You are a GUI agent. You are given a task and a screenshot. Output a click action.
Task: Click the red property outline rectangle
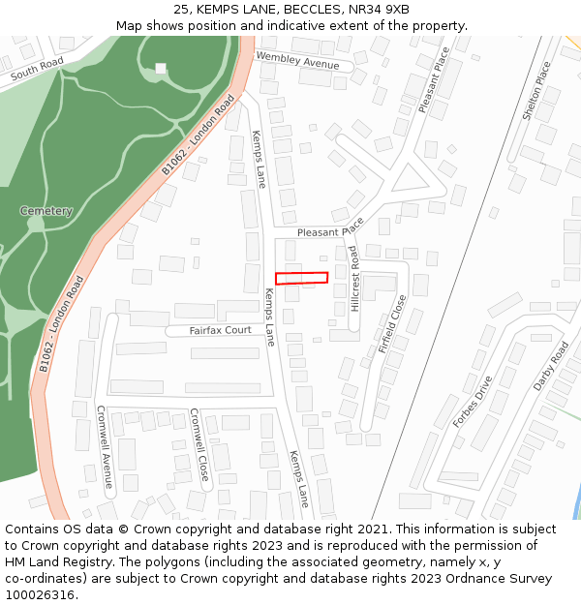[301, 278]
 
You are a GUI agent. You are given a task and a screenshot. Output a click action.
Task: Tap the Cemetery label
[46, 211]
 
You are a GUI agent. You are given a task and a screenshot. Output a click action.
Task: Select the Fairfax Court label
[220, 331]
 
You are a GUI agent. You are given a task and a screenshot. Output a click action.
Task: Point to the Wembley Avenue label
[298, 61]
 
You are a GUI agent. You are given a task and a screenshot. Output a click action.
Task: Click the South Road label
[37, 68]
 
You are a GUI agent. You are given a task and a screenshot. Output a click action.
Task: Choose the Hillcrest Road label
[354, 278]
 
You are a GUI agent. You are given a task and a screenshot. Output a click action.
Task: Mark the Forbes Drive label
[474, 402]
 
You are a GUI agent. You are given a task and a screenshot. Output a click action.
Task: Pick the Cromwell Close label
[199, 444]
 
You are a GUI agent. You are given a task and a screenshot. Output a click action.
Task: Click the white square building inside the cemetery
[161, 68]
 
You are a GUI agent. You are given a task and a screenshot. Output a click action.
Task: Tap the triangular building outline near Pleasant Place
[409, 178]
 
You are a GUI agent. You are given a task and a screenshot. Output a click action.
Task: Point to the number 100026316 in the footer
[40, 594]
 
